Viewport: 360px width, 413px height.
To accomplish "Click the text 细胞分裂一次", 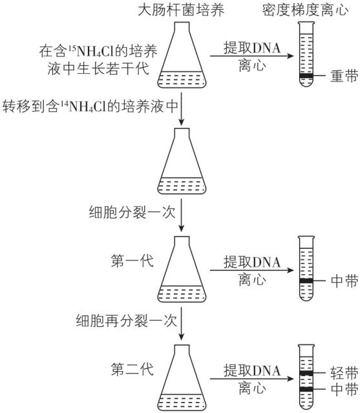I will coord(132,211).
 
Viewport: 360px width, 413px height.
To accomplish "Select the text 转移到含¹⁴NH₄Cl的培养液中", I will coord(90,104).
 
